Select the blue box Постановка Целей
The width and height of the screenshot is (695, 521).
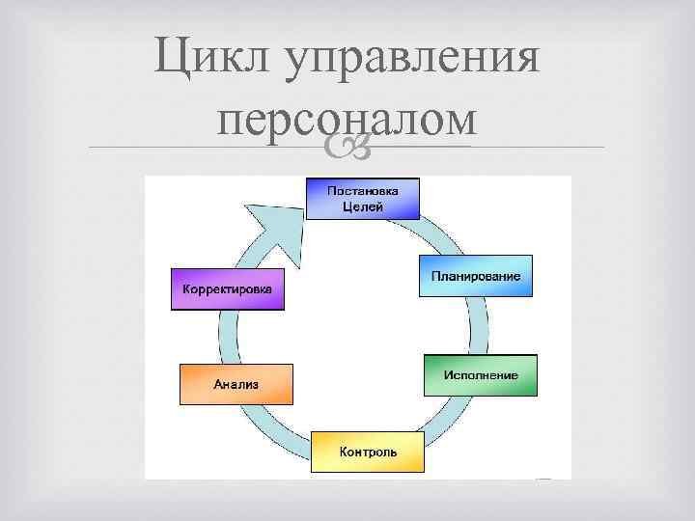(x=365, y=198)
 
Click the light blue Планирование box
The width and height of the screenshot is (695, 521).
(x=476, y=277)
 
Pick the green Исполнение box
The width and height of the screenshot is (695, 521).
(x=481, y=374)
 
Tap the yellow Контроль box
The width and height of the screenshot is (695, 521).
(x=368, y=451)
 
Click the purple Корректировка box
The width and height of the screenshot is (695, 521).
(x=228, y=288)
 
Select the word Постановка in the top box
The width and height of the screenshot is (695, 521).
(x=364, y=190)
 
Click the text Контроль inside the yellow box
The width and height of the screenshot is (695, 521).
(x=368, y=452)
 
